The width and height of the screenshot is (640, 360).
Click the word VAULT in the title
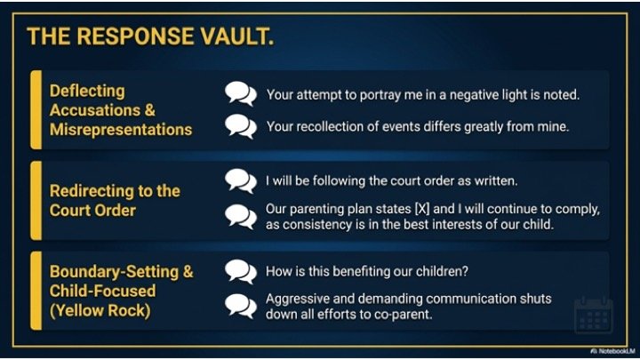(x=237, y=36)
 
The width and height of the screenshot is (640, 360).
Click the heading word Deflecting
(x=87, y=92)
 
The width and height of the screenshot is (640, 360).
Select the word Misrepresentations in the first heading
(x=121, y=130)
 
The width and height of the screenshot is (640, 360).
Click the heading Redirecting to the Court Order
(x=115, y=200)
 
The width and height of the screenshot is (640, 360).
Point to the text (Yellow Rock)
(x=100, y=310)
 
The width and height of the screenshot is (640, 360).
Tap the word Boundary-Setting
(x=114, y=271)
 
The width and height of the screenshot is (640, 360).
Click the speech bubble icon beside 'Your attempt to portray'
(x=241, y=93)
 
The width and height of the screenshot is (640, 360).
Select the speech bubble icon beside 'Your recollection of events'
(x=241, y=126)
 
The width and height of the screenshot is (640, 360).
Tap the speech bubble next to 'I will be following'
(x=241, y=180)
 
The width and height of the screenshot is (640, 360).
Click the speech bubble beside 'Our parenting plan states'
(x=241, y=216)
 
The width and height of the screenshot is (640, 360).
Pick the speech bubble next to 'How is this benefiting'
(x=241, y=271)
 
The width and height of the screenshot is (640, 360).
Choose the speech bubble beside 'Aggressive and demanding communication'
(x=241, y=306)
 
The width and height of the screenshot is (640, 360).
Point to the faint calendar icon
(x=594, y=315)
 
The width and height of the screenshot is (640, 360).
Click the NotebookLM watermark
(x=612, y=351)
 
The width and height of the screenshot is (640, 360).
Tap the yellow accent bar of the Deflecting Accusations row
(x=36, y=109)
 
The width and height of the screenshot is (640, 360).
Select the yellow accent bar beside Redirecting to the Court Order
(x=36, y=200)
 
